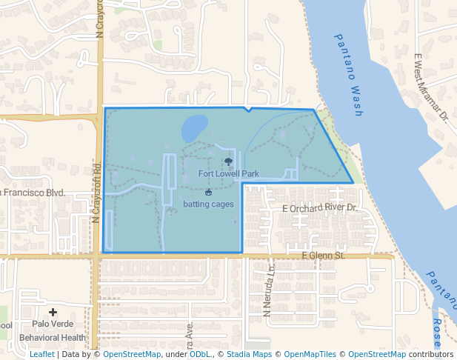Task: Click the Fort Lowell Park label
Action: pos(229,174)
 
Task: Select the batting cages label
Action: pos(208,204)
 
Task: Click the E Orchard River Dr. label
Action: pos(320,208)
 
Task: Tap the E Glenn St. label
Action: pos(324,256)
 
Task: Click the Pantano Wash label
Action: pos(348,74)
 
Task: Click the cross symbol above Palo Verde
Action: pos(53,313)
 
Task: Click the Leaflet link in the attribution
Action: pos(41,354)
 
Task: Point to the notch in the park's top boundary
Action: pos(247,111)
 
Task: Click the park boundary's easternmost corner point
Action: pos(353,182)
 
